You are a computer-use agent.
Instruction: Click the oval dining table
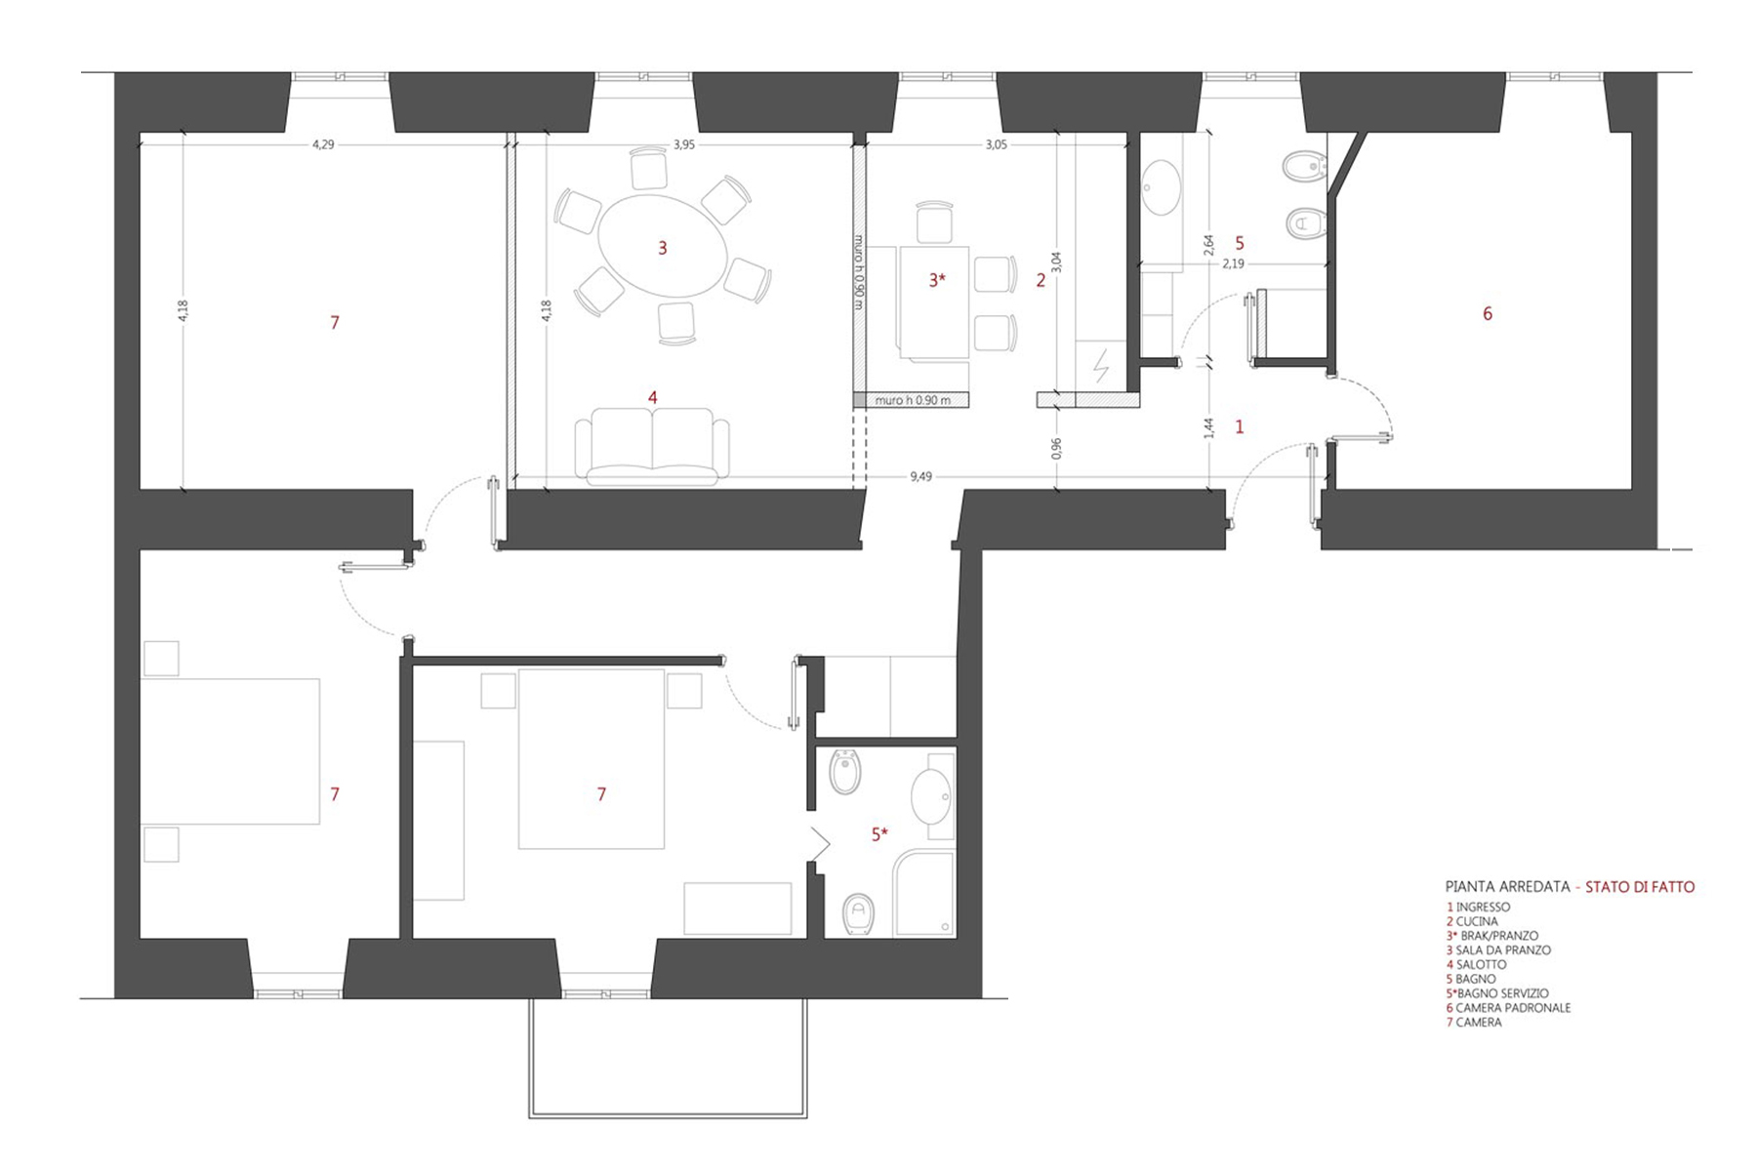662,246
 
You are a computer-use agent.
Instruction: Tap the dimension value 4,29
323,144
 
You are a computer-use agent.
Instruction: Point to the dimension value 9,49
920,476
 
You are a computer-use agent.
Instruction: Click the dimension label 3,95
684,144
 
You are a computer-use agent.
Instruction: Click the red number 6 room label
1488,313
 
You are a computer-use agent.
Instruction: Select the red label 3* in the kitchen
937,280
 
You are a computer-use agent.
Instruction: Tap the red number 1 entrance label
1240,426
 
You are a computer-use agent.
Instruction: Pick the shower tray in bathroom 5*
924,894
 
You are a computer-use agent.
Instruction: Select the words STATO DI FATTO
1640,887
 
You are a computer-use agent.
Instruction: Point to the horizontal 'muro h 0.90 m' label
911,400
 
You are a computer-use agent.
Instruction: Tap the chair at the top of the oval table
648,168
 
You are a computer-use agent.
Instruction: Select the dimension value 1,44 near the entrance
1208,427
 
